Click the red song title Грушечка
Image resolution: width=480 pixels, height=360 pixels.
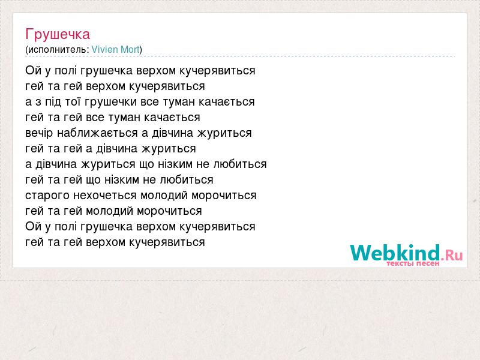58,35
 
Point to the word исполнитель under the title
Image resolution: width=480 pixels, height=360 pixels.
57,50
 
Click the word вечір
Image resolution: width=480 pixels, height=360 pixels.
39,133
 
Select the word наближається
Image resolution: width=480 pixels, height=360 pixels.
97,133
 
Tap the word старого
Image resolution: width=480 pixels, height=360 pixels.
47,196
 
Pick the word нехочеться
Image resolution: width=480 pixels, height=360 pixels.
104,196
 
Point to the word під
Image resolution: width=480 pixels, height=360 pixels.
53,101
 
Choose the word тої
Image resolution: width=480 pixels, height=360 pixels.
73,101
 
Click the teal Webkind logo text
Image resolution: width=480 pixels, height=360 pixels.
395,252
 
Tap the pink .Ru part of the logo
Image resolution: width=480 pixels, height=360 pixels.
452,254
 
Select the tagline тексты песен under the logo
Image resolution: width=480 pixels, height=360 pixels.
413,263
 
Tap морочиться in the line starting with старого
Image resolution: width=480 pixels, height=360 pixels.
224,196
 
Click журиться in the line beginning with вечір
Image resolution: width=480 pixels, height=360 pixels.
224,133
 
